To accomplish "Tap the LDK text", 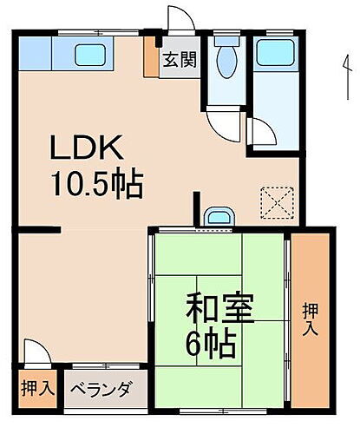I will coord(88,148).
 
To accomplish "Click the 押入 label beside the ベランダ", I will coord(35,389).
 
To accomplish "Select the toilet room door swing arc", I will coord(226,124).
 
